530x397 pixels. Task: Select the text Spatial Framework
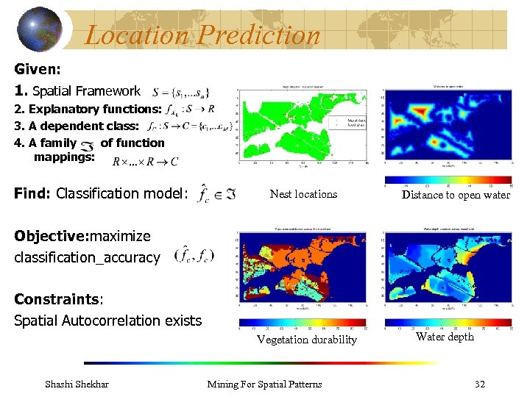(x=86, y=91)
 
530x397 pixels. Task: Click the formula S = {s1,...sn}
(x=181, y=92)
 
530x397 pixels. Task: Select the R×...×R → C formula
(x=145, y=161)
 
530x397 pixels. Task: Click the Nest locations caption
(x=303, y=194)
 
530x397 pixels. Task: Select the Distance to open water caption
(x=455, y=195)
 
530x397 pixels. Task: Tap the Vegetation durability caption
(x=306, y=340)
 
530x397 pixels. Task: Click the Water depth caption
(x=445, y=337)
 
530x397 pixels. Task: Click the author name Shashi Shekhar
(x=77, y=384)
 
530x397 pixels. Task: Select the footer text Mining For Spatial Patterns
(x=264, y=384)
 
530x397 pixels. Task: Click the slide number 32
(x=479, y=384)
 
